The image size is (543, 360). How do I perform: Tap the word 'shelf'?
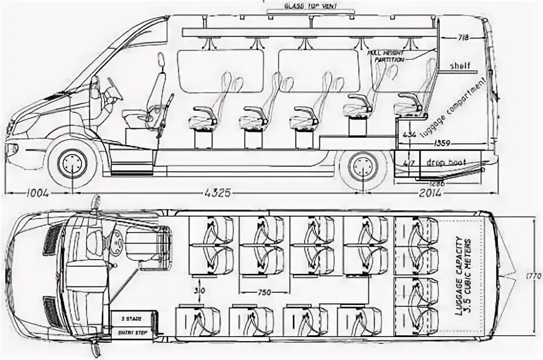(459, 65)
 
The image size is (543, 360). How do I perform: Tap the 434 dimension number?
(408, 135)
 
